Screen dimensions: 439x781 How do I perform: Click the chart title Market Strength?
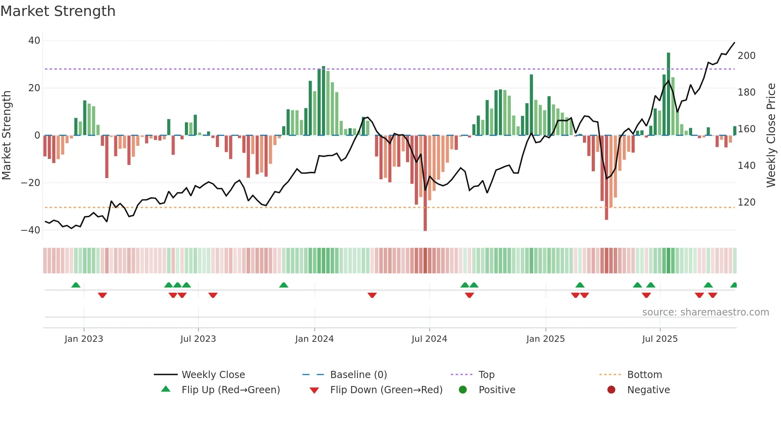(58, 11)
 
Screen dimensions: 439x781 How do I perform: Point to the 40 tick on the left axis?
(34, 41)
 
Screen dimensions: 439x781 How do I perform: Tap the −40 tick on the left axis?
(31, 230)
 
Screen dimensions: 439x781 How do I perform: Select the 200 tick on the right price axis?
(746, 56)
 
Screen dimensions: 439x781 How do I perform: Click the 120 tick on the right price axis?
(746, 202)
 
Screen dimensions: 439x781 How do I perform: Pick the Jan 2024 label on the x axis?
(314, 339)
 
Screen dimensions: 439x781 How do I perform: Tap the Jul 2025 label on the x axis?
(659, 339)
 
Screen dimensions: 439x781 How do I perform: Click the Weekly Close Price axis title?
(771, 135)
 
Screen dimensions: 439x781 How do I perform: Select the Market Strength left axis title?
(7, 135)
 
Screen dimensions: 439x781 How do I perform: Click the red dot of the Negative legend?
(611, 390)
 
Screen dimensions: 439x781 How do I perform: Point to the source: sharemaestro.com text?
(705, 312)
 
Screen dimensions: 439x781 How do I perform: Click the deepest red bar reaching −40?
(425, 183)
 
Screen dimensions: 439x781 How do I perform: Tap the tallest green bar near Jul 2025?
(669, 94)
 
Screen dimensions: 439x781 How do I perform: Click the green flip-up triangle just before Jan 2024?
(284, 285)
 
